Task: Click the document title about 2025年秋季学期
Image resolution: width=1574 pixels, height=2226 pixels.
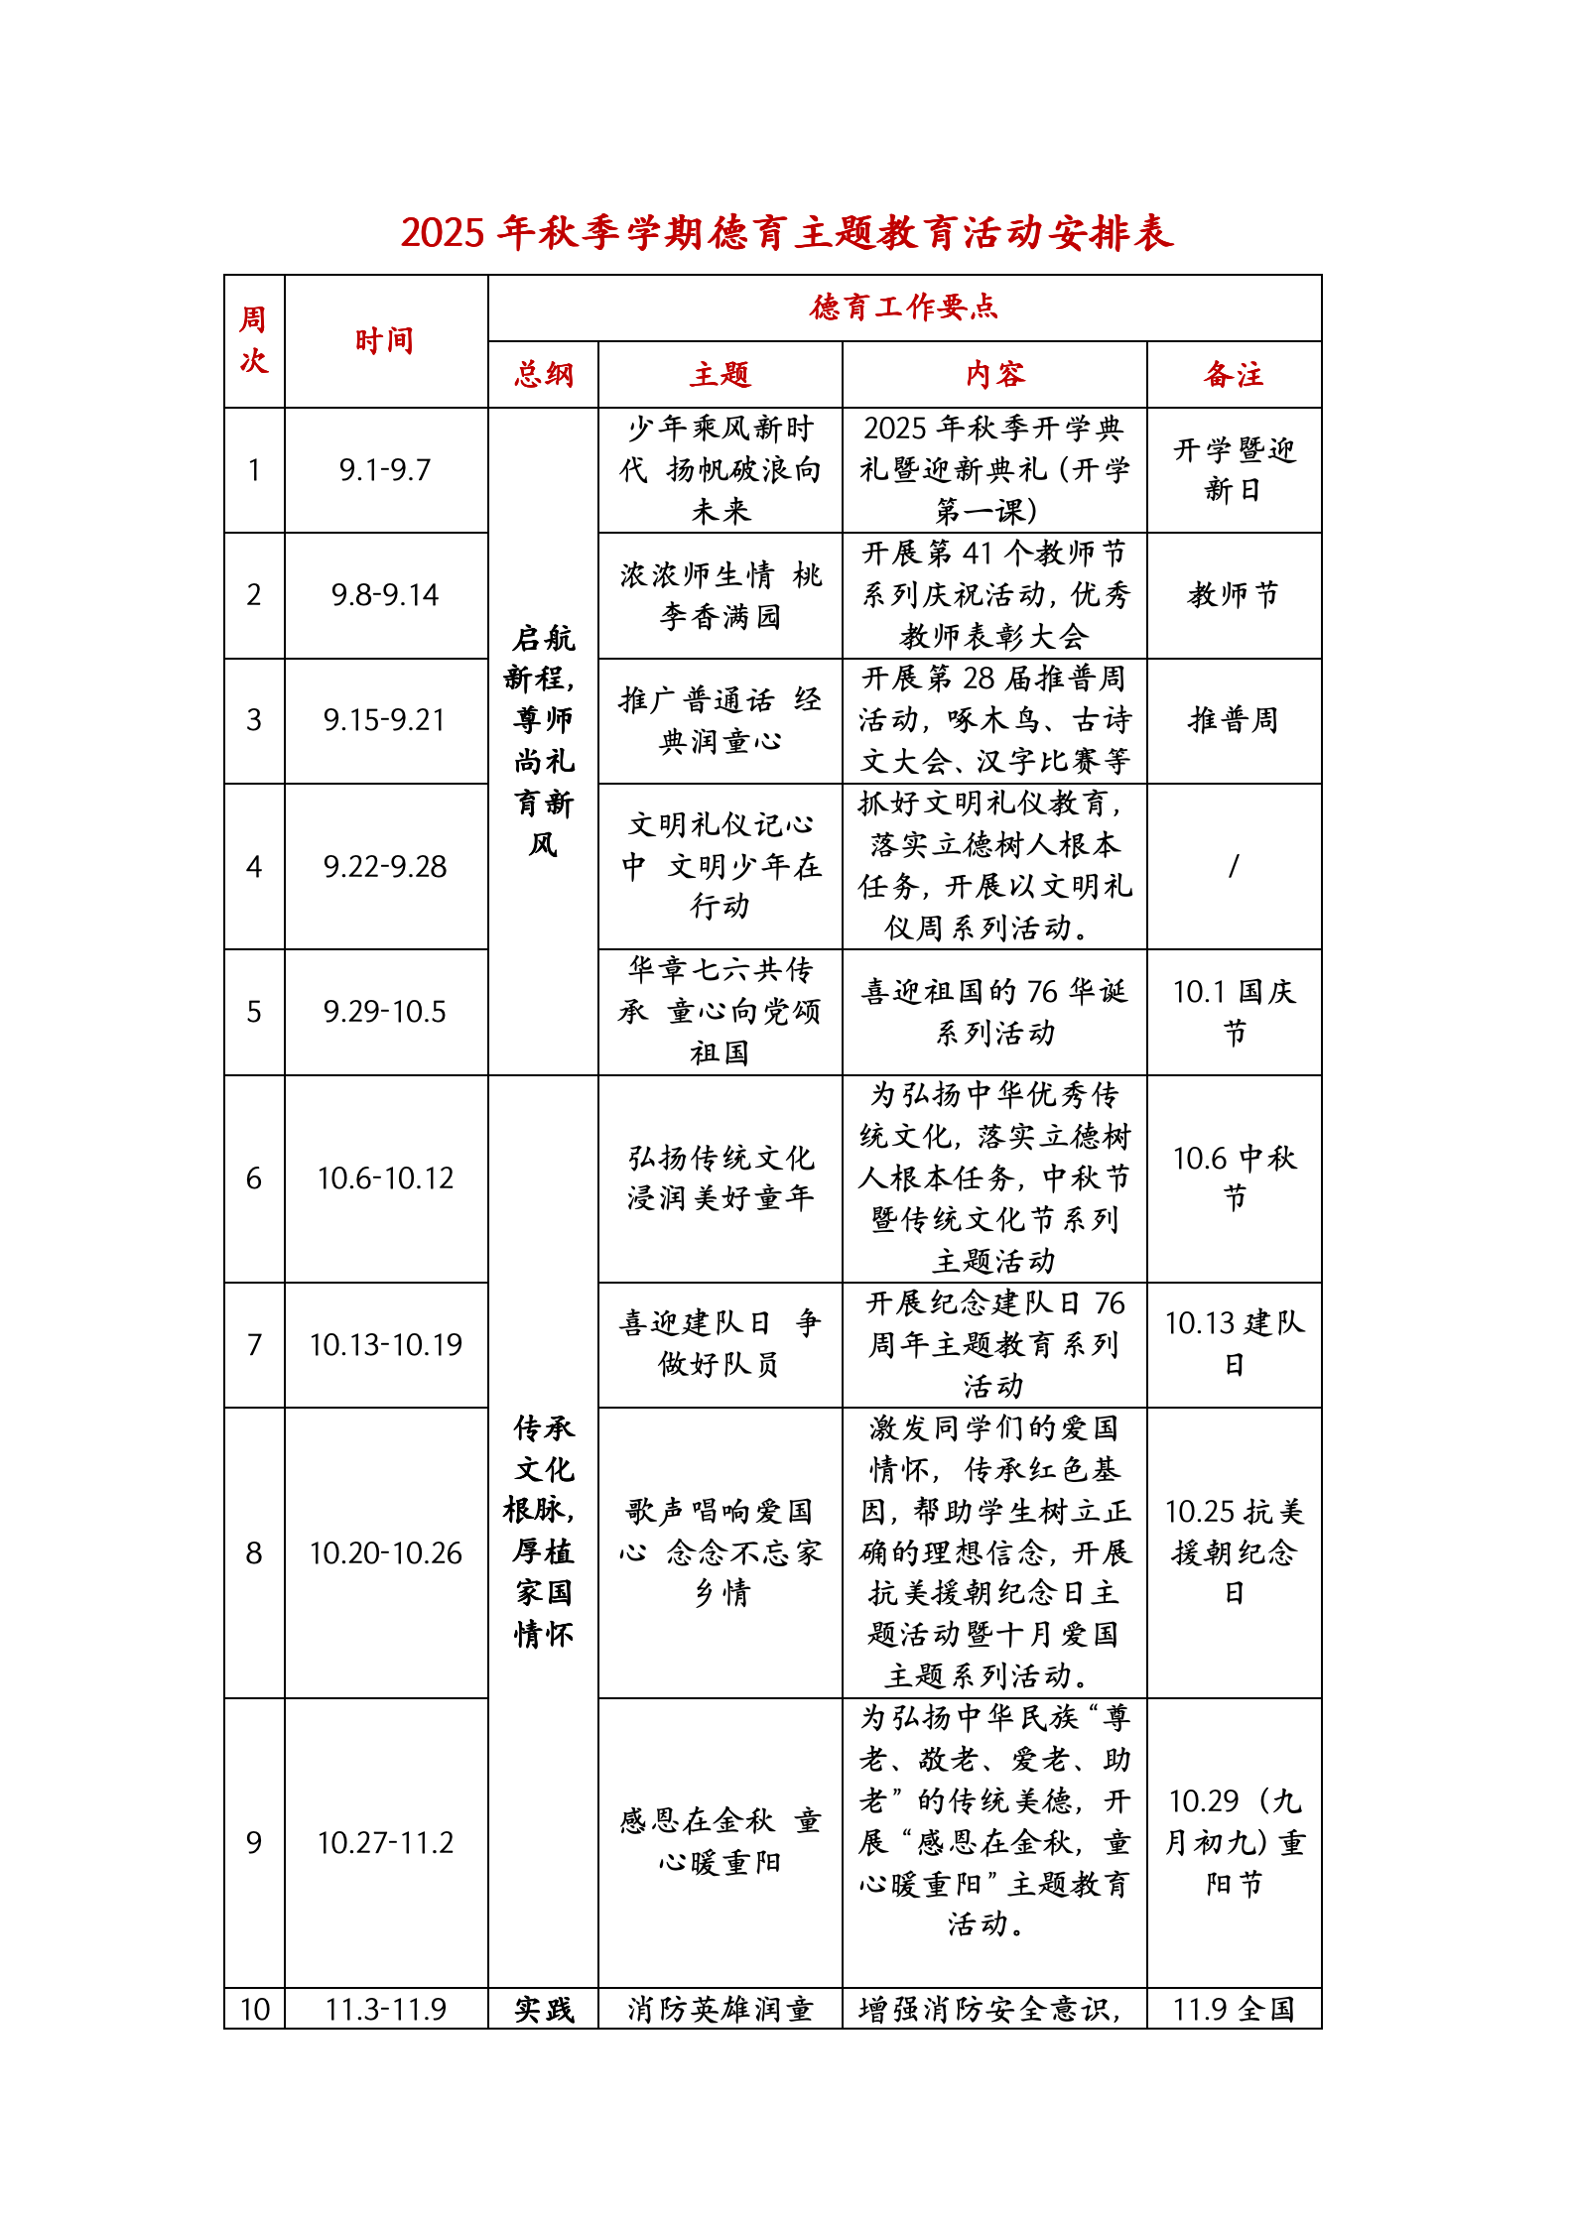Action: click(x=787, y=233)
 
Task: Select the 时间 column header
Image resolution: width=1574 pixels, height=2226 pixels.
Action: click(x=385, y=341)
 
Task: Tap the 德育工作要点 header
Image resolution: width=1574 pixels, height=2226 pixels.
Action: click(x=904, y=308)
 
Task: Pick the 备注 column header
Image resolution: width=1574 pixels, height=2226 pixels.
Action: click(x=1234, y=375)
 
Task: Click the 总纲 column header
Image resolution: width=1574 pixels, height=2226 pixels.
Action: click(x=544, y=375)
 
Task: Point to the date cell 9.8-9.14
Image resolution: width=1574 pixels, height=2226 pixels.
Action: click(x=385, y=595)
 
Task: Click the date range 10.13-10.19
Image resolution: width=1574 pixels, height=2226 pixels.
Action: click(x=385, y=1345)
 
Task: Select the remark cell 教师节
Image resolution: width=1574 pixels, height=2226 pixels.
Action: click(x=1234, y=595)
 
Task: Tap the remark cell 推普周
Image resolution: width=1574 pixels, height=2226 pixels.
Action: click(x=1234, y=720)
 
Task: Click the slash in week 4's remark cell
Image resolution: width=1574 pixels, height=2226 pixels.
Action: click(x=1234, y=867)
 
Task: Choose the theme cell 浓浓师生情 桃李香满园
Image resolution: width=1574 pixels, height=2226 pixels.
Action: click(x=721, y=595)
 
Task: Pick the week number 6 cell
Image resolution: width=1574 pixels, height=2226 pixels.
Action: click(x=254, y=1178)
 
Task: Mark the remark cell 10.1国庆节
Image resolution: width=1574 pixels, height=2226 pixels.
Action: click(x=1234, y=1012)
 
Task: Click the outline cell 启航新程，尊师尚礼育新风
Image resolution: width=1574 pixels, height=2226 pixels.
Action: click(x=544, y=740)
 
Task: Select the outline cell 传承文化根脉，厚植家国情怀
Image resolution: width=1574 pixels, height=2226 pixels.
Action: click(x=544, y=1531)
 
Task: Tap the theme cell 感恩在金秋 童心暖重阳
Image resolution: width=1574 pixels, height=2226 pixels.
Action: click(x=721, y=1841)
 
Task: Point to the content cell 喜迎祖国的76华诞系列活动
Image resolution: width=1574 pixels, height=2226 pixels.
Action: click(x=994, y=1012)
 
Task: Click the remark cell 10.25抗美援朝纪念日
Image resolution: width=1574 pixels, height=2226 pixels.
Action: click(x=1234, y=1551)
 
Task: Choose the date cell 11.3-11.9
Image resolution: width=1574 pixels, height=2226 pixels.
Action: click(x=385, y=2009)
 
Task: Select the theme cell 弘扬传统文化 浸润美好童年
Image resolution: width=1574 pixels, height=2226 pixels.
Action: click(x=721, y=1178)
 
